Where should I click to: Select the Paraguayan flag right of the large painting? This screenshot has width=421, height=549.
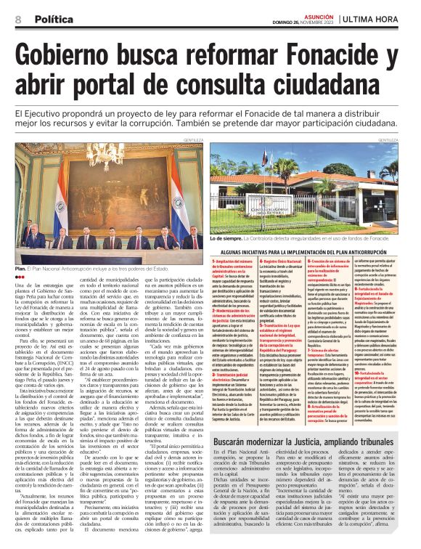coord(176,211)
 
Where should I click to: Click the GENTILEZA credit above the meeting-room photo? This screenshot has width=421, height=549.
coord(192,139)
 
